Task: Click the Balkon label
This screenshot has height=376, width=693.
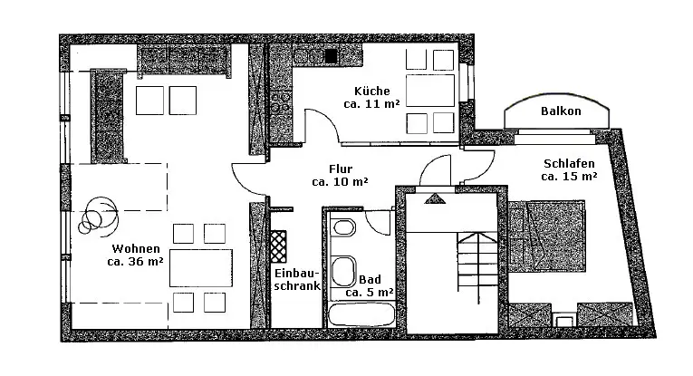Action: (x=561, y=111)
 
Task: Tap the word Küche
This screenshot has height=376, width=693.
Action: (x=371, y=91)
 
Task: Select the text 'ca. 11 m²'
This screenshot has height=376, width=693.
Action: (x=371, y=104)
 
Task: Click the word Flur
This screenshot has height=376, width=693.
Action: (x=341, y=168)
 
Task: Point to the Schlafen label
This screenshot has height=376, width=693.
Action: (x=569, y=164)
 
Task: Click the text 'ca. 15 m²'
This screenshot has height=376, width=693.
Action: (x=569, y=178)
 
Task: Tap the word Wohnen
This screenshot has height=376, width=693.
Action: (x=136, y=249)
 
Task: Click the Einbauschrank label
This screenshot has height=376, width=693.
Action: (x=296, y=280)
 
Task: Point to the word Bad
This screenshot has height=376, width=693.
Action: (x=369, y=280)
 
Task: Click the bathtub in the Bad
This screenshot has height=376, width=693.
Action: (x=361, y=315)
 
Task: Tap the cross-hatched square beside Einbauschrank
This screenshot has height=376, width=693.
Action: (x=277, y=245)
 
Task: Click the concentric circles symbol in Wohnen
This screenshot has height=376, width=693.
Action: (x=97, y=216)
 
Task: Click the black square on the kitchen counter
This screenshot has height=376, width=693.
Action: (x=332, y=56)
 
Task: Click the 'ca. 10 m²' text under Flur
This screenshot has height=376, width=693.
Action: (x=340, y=181)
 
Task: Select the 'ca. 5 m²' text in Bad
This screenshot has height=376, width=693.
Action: (x=369, y=293)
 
